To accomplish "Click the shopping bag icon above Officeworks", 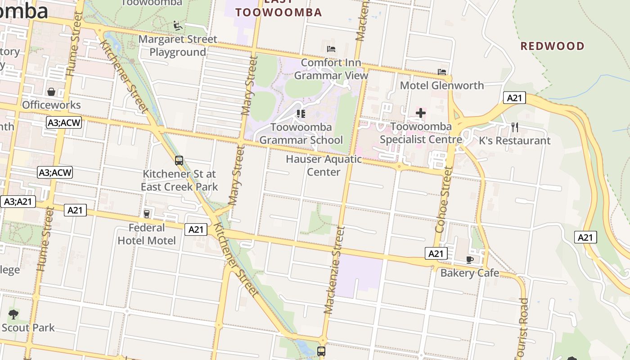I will [51, 92].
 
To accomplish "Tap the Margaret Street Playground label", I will [178, 46].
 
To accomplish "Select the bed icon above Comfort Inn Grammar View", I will [331, 49].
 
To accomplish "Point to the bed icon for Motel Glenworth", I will [442, 72].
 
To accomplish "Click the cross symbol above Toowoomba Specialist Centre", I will [421, 113].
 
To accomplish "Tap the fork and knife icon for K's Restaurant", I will [515, 127].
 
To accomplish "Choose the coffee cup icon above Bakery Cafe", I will [470, 260].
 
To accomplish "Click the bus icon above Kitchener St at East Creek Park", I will [179, 161].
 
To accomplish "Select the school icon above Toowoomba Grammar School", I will [301, 114].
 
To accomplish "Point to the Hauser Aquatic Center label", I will [324, 166].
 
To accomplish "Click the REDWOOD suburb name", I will [552, 46].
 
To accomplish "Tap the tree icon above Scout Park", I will [13, 314].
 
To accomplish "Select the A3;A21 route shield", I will [18, 202].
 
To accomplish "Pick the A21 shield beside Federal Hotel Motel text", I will [196, 229].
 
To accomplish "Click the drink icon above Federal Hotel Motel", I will [147, 214].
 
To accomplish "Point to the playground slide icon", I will [178, 26].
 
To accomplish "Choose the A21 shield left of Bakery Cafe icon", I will [436, 253].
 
